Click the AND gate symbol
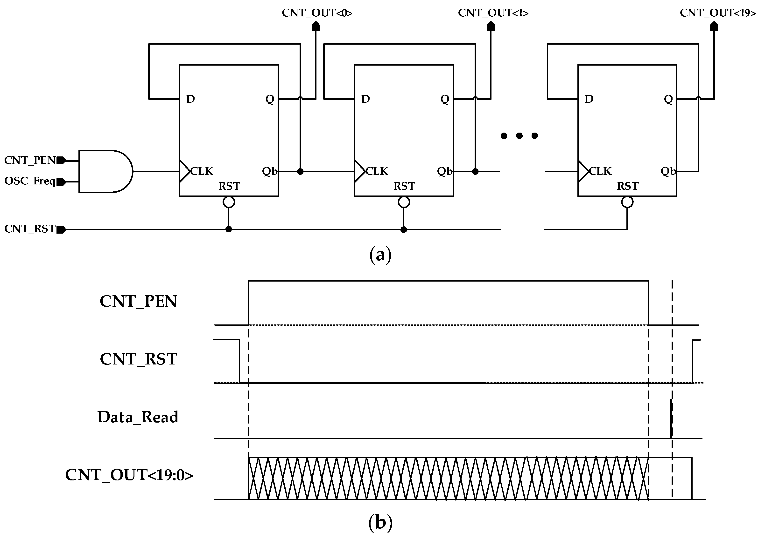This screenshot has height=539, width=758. [x=105, y=171]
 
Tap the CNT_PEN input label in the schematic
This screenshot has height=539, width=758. [x=30, y=161]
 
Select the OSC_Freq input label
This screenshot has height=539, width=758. [x=30, y=181]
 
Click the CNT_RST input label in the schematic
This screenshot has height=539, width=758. [x=30, y=229]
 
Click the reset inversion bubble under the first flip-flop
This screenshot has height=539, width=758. [x=229, y=202]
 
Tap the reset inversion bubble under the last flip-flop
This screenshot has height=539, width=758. [x=627, y=202]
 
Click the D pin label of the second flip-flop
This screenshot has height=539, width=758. [x=365, y=99]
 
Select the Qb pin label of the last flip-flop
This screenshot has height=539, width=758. [x=668, y=171]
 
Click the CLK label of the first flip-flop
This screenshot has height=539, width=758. [x=202, y=171]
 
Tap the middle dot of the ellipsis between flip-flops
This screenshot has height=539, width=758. [x=519, y=135]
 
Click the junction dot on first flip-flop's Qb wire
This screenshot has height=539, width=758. [x=300, y=171]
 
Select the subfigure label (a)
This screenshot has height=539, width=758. [x=380, y=255]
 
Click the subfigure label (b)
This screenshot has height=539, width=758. [x=380, y=523]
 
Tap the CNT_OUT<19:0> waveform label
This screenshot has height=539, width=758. [x=129, y=475]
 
